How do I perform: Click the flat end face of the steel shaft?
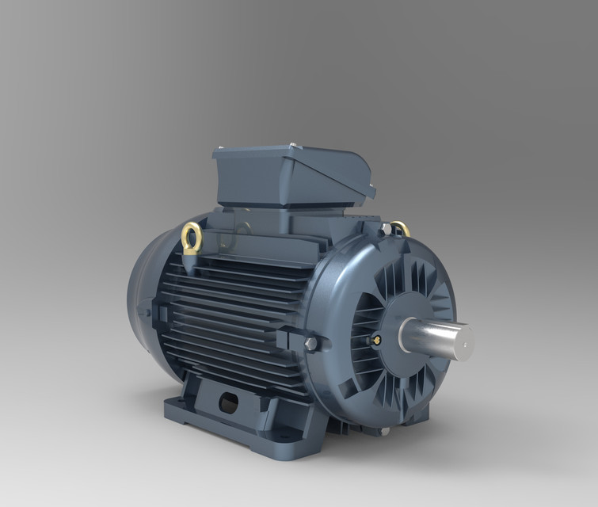(463, 341)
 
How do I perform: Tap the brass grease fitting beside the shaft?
(375, 339)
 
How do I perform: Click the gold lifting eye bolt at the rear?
(192, 236)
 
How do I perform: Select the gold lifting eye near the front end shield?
(401, 229)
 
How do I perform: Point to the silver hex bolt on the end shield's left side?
(311, 344)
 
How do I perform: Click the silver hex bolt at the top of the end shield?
(386, 229)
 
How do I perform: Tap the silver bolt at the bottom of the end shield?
(384, 431)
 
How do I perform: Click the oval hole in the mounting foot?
(228, 404)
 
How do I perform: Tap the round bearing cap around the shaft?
(404, 317)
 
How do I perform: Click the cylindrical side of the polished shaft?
(428, 335)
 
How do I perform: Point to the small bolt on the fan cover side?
(145, 312)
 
